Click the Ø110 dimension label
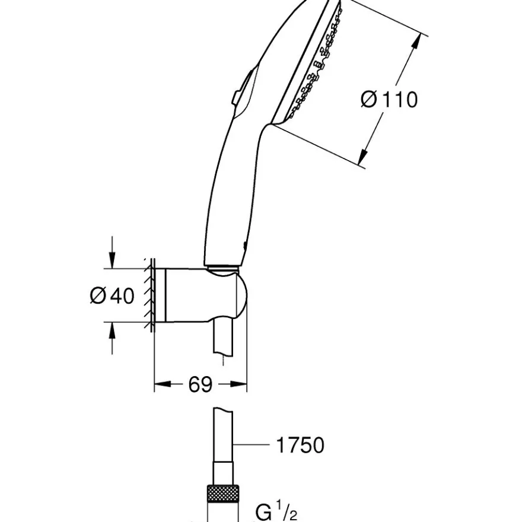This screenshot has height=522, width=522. click(x=389, y=99)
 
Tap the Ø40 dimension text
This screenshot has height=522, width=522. click(x=112, y=295)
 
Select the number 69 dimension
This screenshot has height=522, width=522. click(x=200, y=384)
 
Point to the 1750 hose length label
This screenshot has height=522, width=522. click(x=300, y=445)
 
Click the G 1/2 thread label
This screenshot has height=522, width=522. click(x=276, y=512)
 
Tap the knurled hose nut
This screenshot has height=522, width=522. click(x=222, y=494)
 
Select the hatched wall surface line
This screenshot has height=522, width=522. click(x=151, y=295)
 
